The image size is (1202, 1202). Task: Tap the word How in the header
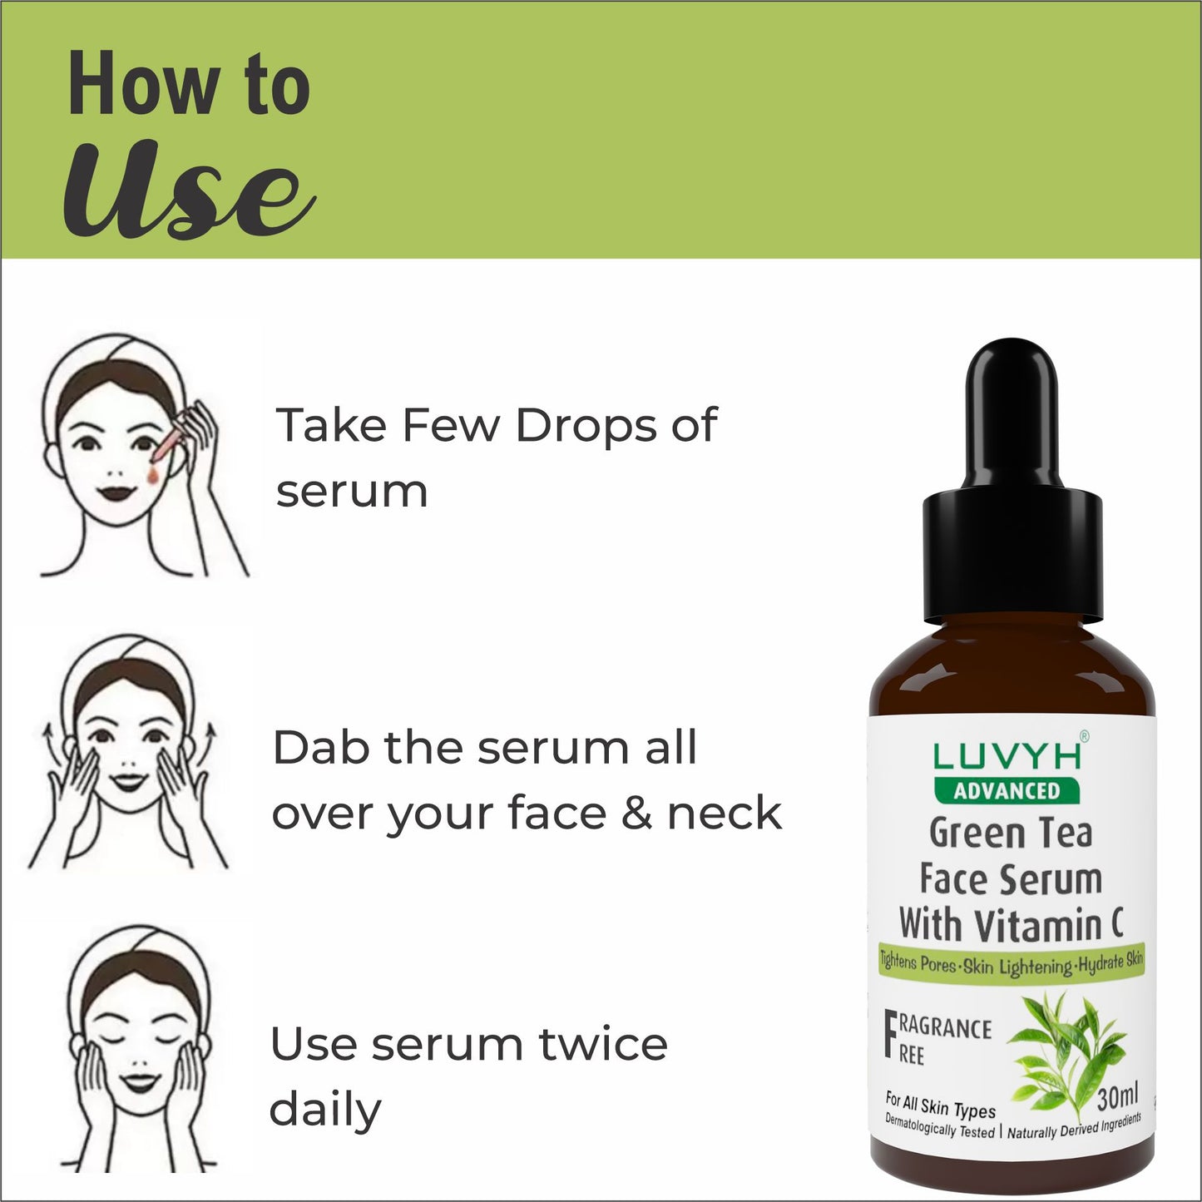coord(143,83)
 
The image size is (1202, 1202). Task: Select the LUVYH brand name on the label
coord(1007,757)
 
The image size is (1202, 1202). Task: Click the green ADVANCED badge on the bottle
coord(1007,791)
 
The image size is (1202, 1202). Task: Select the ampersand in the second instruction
coord(636,814)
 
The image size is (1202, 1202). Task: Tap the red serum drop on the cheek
coord(153,476)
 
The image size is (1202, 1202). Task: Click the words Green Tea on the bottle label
coord(1011,833)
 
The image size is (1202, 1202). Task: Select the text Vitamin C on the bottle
coord(1051,926)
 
